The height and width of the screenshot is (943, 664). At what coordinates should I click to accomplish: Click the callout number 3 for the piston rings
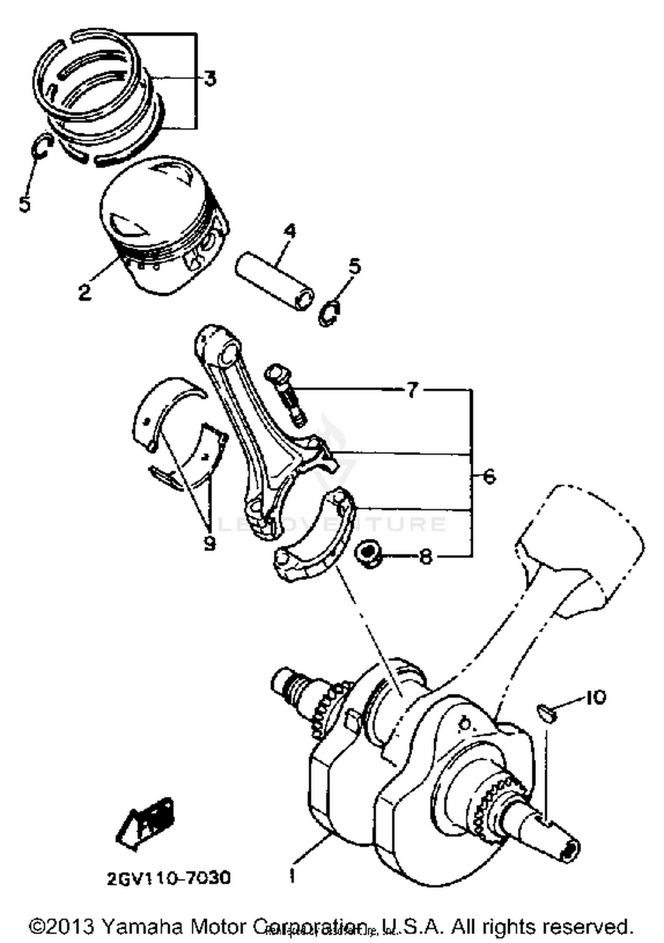tap(210, 79)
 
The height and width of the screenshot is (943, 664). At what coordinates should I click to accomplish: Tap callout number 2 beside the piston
tap(84, 292)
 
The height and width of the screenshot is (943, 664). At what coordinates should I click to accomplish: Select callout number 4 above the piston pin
tap(290, 232)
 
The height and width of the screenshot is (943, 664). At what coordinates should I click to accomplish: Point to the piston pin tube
tap(274, 281)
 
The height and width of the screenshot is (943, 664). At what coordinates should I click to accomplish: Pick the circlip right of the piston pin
tap(330, 313)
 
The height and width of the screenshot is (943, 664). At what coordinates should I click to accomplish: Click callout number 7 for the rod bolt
tap(412, 390)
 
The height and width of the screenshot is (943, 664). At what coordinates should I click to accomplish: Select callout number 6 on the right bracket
tap(489, 477)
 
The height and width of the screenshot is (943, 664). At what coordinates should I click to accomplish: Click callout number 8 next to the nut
tap(425, 557)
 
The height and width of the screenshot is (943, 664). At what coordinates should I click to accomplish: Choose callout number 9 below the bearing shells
tap(209, 542)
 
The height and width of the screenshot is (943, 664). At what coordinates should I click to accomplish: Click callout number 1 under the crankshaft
tap(292, 876)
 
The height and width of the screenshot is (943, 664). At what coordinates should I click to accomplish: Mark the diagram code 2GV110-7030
tap(169, 877)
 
